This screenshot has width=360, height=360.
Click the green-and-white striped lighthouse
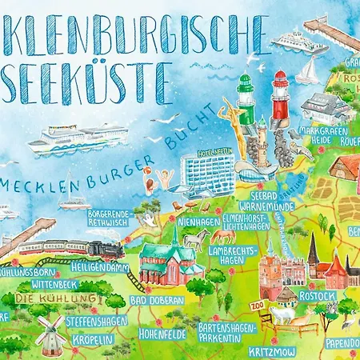click(x=244, y=99)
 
